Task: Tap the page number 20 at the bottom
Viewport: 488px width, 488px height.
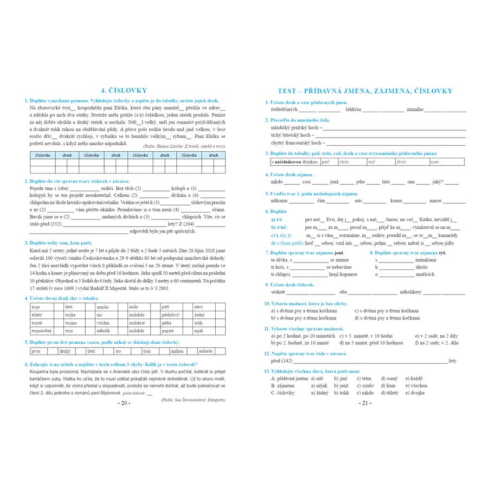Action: (x=124, y=403)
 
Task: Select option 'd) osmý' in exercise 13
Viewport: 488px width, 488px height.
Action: (x=389, y=378)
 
